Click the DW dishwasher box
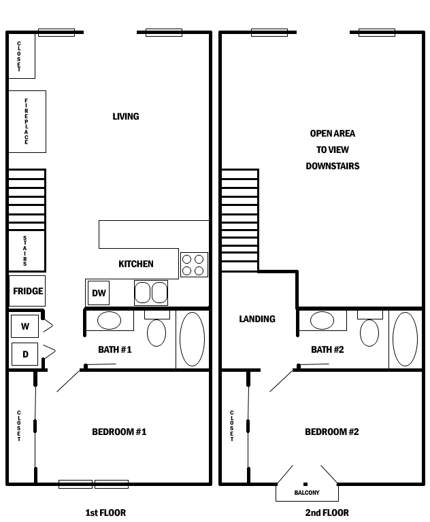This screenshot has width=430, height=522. click(x=99, y=293)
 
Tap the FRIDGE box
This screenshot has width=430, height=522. click(x=27, y=291)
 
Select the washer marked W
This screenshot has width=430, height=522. click(x=24, y=326)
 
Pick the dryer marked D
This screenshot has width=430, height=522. click(x=25, y=354)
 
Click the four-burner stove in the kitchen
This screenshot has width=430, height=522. click(x=194, y=264)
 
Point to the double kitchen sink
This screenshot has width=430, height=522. click(x=151, y=293)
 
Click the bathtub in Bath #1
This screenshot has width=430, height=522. click(x=192, y=339)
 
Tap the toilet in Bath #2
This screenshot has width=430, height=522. click(x=369, y=330)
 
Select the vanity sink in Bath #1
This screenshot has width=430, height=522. click(x=110, y=321)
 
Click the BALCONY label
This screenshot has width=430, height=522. click(x=307, y=492)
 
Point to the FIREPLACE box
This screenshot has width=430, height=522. click(x=27, y=122)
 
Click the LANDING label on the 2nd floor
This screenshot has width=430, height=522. click(x=257, y=319)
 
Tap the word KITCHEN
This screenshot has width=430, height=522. click(x=136, y=264)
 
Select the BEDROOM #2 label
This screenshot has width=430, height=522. click(x=332, y=432)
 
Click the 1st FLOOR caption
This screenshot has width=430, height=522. click(x=105, y=512)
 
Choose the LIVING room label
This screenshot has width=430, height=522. click(x=126, y=116)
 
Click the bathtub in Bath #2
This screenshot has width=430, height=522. click(x=405, y=339)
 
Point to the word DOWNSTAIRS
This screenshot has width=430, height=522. click(x=333, y=166)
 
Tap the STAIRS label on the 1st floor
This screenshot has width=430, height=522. click(x=25, y=251)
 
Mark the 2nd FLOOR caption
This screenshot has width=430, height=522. click(x=327, y=512)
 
